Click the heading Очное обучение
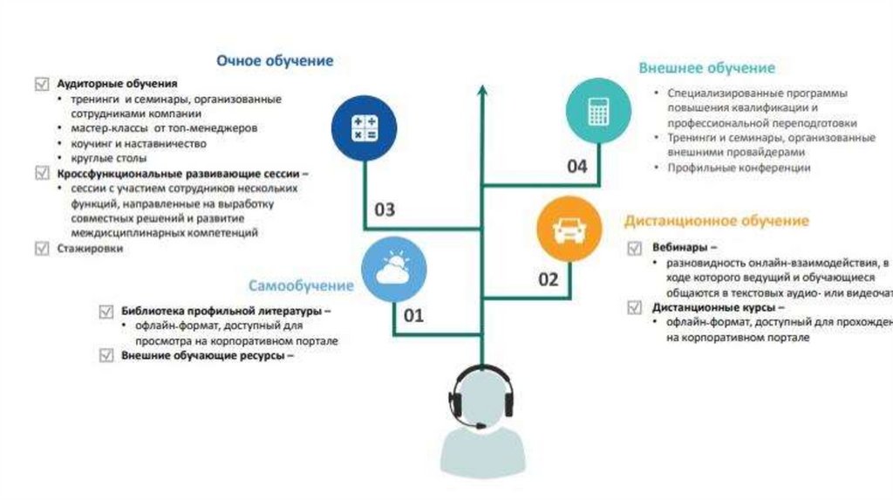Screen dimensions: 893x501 click(x=275, y=61)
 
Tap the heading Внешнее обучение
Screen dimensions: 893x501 click(x=706, y=68)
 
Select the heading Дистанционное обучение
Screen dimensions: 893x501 click(x=716, y=221)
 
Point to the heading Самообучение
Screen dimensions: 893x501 click(x=302, y=285)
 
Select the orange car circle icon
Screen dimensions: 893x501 click(x=569, y=229)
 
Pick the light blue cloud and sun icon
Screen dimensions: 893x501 click(x=393, y=268)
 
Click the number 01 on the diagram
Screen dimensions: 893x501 click(x=412, y=315)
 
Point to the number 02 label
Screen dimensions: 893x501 click(x=548, y=279)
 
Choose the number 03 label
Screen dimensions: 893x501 click(x=385, y=209)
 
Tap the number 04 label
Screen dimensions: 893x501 click(x=577, y=167)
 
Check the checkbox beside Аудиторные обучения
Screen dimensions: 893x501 click(x=41, y=85)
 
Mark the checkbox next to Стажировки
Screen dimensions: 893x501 click(x=41, y=249)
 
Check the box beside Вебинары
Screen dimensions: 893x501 click(x=636, y=248)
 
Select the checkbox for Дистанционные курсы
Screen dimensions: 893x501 click(x=636, y=307)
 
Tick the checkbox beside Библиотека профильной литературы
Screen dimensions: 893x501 click(x=106, y=311)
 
